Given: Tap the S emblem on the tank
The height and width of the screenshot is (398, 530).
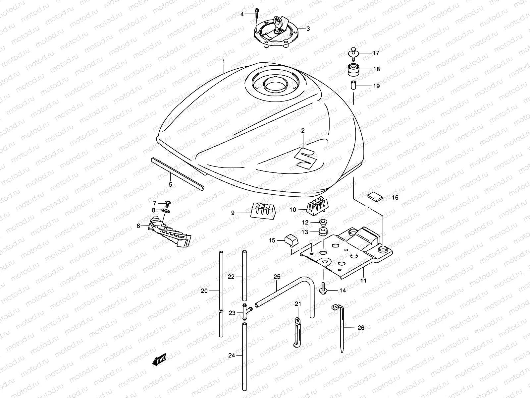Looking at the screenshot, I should (305, 157).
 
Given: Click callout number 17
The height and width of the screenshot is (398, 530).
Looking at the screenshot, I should (376, 53).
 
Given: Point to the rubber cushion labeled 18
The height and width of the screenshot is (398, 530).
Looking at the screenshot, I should (354, 69).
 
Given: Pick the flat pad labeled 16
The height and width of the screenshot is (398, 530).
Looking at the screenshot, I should (375, 196).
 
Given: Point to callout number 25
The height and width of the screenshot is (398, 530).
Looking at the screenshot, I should (277, 276).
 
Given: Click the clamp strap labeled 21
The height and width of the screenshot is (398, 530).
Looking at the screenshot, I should (297, 332).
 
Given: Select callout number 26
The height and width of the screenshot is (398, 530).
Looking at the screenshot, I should (361, 328).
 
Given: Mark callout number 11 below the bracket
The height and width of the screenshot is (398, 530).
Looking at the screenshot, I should (363, 281).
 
